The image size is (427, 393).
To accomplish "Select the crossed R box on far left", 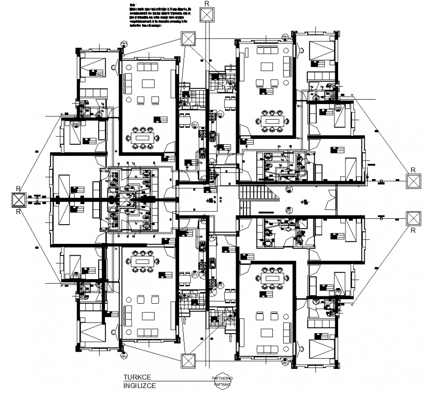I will [x=18, y=200].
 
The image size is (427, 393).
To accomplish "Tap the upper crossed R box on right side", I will [x=414, y=182].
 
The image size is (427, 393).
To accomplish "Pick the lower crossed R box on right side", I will [x=414, y=218].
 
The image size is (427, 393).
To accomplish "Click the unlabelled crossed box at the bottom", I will [x=187, y=361].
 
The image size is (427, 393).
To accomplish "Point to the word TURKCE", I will [x=137, y=378].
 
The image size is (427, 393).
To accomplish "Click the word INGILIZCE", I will [x=140, y=386].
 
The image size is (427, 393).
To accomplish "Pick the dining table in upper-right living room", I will [x=269, y=120].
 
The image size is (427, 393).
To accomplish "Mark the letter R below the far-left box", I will [x=18, y=212].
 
